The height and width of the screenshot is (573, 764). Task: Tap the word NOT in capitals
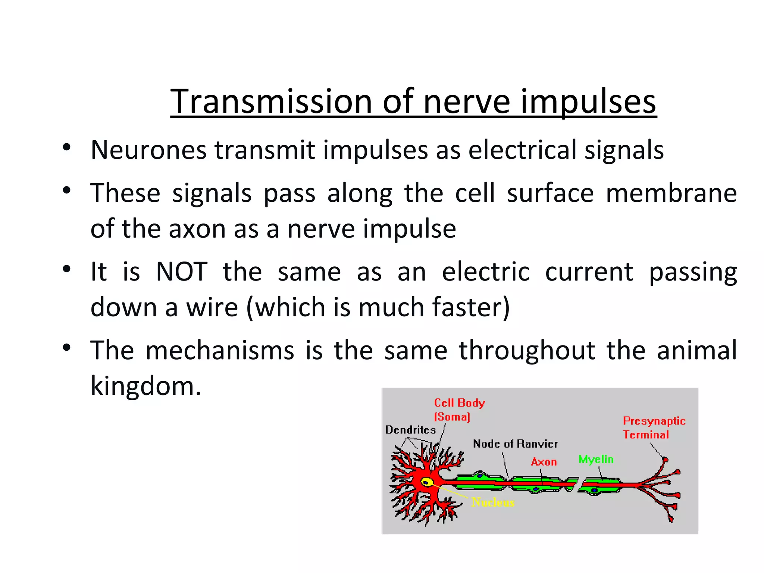[182, 272]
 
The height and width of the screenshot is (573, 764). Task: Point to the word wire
[212, 307]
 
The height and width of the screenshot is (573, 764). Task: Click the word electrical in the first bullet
[523, 150]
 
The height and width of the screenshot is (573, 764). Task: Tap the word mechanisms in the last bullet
[220, 351]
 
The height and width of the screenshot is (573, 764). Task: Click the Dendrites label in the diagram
[410, 430]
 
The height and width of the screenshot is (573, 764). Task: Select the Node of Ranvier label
[515, 444]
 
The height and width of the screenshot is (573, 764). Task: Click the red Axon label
[544, 462]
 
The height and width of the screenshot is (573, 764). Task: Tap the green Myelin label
[596, 459]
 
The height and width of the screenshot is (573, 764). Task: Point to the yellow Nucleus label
[492, 502]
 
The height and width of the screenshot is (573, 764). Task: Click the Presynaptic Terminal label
[654, 428]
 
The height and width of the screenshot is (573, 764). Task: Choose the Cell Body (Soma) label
[459, 409]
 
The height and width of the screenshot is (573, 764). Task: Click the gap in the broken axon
[578, 484]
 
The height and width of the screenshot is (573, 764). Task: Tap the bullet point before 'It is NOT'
[67, 269]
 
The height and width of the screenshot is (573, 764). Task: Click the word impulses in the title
[588, 101]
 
